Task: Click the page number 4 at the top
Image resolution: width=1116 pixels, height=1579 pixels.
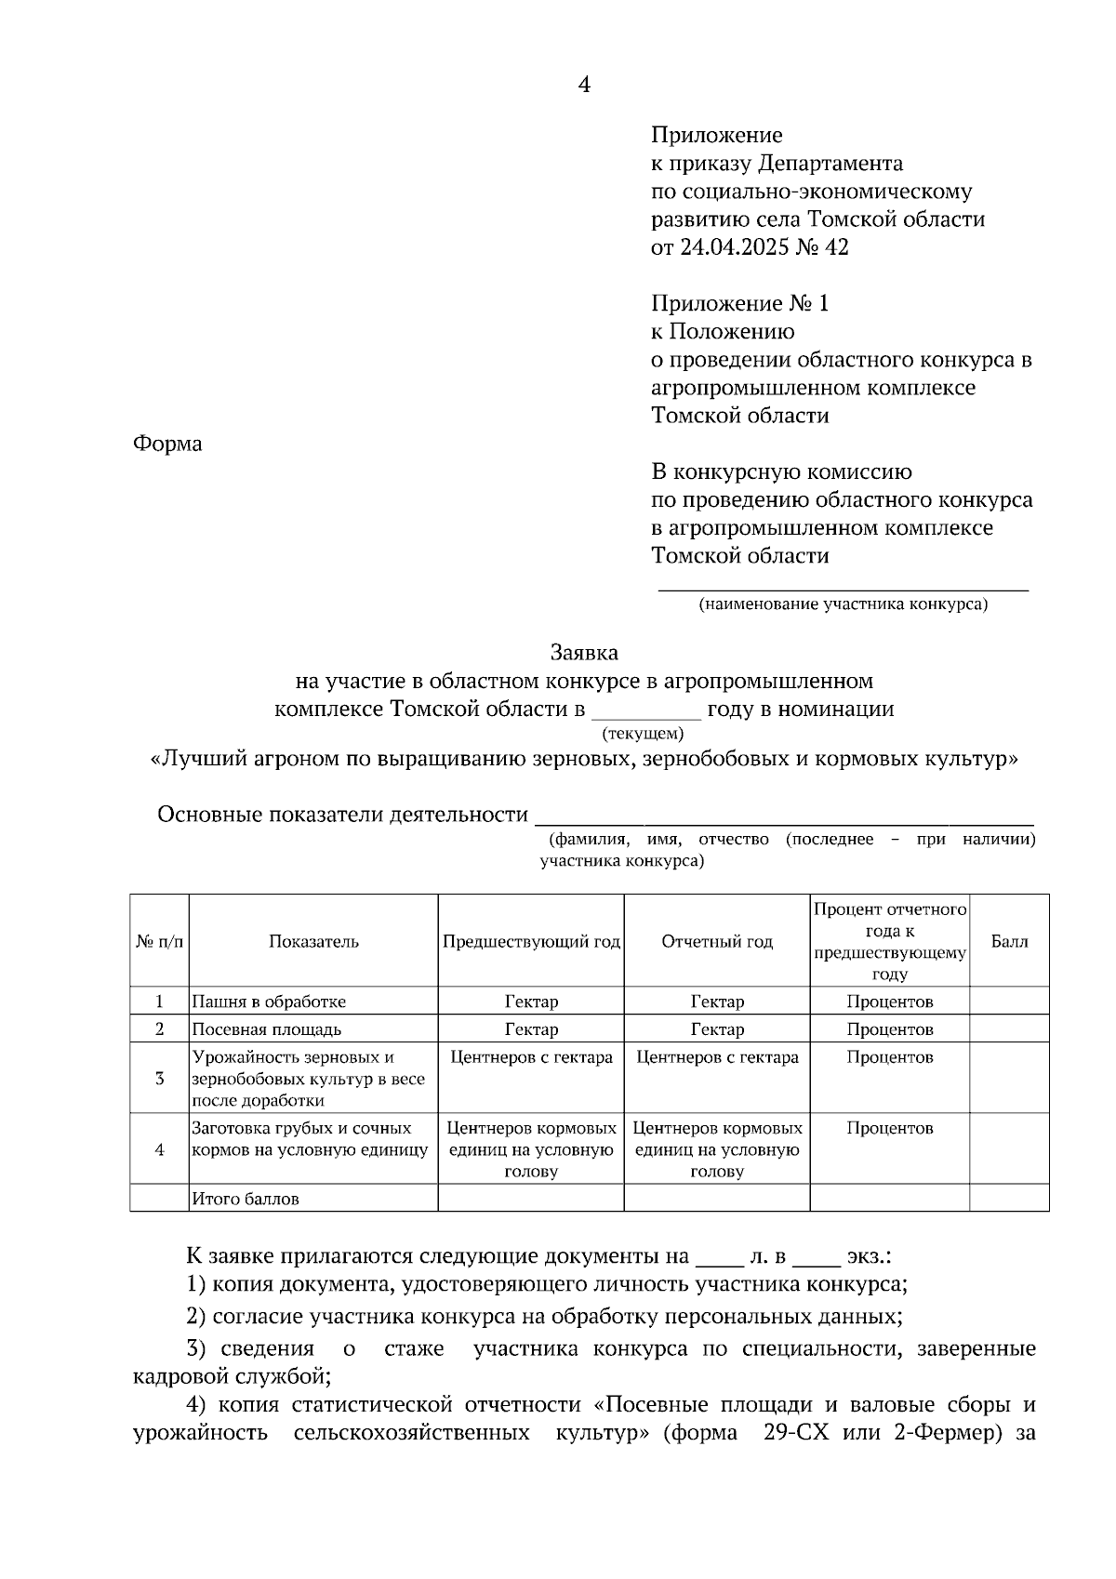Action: tap(584, 86)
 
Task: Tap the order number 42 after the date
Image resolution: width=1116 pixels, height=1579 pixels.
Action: tap(836, 248)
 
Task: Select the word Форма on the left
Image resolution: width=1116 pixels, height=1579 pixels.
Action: tap(167, 445)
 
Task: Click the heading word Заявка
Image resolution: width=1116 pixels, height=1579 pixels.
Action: tap(584, 653)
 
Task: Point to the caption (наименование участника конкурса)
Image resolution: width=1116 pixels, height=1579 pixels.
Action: tap(843, 604)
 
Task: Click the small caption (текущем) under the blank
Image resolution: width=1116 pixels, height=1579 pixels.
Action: tap(643, 734)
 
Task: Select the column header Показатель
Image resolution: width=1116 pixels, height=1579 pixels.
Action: tap(313, 942)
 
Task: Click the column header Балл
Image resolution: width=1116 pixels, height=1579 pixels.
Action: tap(1009, 942)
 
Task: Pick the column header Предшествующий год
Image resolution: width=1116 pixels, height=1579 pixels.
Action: tap(531, 942)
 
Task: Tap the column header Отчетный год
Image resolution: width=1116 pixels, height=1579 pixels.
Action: tap(717, 942)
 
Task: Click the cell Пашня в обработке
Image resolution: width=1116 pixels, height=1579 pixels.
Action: tap(269, 1002)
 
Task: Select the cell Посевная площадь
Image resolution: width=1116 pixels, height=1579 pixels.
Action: tap(267, 1030)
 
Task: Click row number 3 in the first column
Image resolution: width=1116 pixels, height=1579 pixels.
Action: tap(160, 1079)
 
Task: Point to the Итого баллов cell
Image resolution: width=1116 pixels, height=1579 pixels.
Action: tap(246, 1200)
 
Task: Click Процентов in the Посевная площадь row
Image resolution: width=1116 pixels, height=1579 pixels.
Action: tap(889, 1030)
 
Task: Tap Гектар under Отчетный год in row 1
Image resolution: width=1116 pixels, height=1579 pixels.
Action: tap(717, 1002)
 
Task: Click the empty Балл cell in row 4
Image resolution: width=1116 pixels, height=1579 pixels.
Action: tap(1009, 1149)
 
